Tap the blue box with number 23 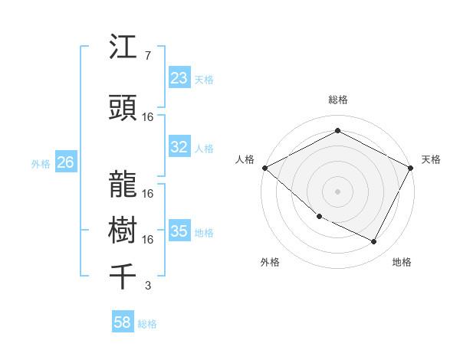click(179, 78)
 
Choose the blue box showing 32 click(179, 148)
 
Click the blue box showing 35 click(179, 231)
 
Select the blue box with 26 click(65, 162)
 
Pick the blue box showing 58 click(123, 322)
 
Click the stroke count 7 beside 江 click(147, 56)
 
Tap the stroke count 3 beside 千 click(147, 286)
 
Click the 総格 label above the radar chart click(337, 100)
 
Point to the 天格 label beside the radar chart click(431, 159)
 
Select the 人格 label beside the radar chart click(245, 159)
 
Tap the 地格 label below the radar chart click(402, 262)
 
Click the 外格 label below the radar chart click(270, 262)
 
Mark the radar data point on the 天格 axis click(411, 168)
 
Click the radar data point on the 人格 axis click(264, 168)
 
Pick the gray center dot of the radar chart click(337, 191)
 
